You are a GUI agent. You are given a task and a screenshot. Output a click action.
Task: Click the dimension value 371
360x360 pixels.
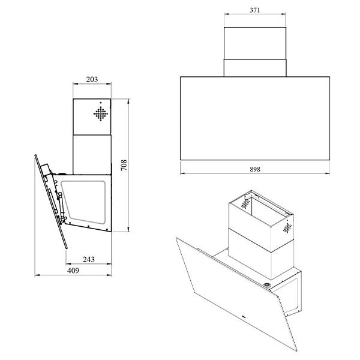[x=255, y=10]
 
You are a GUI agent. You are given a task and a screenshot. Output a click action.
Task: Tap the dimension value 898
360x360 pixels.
[x=255, y=169]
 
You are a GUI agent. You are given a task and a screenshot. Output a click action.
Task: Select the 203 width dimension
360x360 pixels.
[x=92, y=79]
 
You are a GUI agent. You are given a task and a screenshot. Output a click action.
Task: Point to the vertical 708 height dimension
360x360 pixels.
[x=124, y=165]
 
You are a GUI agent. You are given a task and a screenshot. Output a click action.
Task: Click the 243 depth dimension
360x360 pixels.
[x=89, y=259]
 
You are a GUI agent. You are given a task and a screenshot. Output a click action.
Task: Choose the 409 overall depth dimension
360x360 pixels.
[x=73, y=271]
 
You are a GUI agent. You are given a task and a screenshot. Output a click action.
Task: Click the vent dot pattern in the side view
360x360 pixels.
[x=101, y=113]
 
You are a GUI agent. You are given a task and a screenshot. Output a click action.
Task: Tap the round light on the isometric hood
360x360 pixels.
[x=267, y=285]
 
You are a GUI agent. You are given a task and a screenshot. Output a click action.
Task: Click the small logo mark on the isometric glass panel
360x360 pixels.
[x=244, y=317]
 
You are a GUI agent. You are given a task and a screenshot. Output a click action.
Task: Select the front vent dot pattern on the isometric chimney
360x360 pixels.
[x=287, y=228]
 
